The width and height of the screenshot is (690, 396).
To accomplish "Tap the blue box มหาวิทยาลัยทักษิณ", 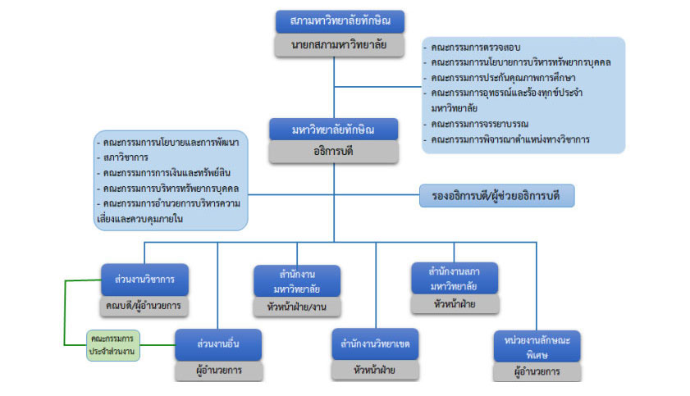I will [334, 130].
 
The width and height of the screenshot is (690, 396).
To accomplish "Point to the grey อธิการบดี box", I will [334, 152].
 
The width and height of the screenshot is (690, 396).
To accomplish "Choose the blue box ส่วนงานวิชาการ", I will [145, 279].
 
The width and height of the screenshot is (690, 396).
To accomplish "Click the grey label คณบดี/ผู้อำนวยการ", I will [145, 306].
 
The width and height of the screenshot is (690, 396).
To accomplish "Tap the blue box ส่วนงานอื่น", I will [218, 344].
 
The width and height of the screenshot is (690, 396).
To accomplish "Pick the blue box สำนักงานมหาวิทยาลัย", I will [297, 280].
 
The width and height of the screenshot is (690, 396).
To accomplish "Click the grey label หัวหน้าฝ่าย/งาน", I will [297, 307].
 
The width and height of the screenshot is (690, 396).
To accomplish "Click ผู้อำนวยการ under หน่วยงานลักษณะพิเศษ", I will [537, 371].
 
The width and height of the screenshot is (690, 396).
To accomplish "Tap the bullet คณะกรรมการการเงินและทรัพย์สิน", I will [158, 172].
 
